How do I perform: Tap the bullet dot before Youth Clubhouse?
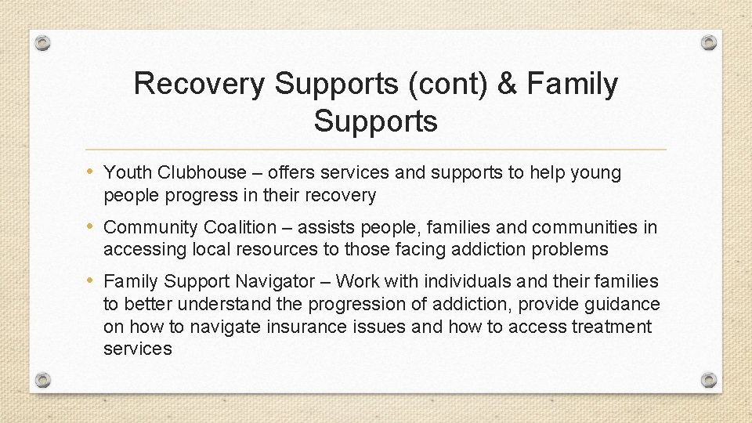(93, 172)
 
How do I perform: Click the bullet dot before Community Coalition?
(93, 227)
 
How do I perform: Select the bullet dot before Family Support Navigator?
(93, 280)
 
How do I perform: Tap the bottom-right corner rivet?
(708, 380)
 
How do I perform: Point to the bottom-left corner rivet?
(44, 380)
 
